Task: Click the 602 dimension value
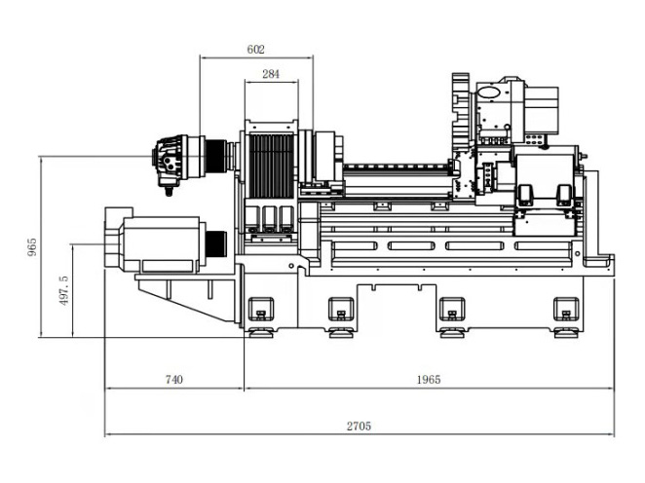255,50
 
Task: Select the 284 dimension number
271,74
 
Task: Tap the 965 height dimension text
32,246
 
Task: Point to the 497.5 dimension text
63,290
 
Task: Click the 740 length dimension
174,379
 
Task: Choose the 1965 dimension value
429,379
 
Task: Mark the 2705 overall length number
359,426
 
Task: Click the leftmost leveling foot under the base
260,332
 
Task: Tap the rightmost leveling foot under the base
566,332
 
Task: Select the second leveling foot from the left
341,332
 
